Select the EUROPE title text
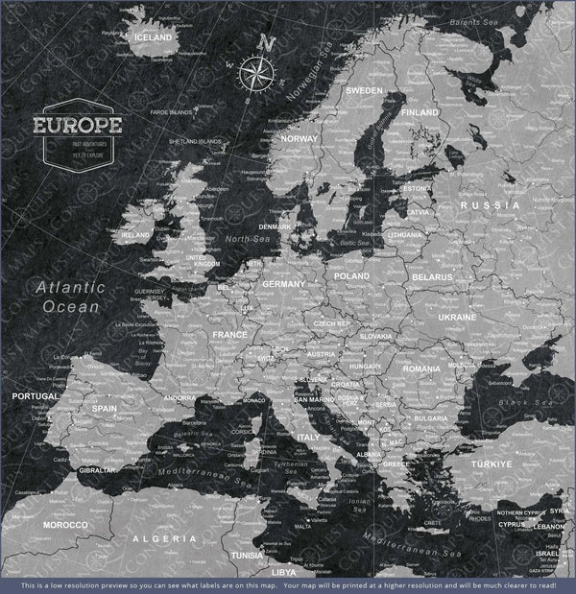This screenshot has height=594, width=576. click(x=77, y=125)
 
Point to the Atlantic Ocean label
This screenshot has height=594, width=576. click(x=64, y=297)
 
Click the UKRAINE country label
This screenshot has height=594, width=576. click(x=457, y=317)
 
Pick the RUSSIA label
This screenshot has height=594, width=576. click(x=489, y=205)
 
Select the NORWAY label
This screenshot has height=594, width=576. click(x=299, y=138)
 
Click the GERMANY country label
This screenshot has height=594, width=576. click(x=283, y=285)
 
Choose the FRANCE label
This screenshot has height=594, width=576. click(x=229, y=335)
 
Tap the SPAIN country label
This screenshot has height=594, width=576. click(x=105, y=408)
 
